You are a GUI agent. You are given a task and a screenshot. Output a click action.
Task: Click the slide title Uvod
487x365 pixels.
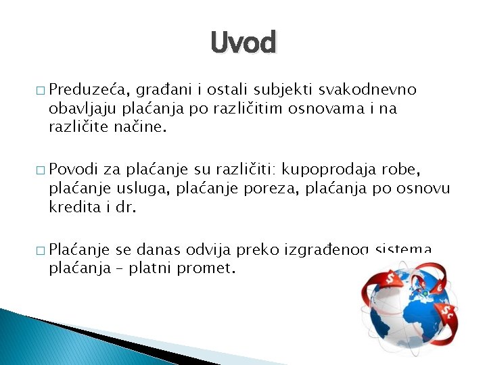[x=243, y=43]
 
